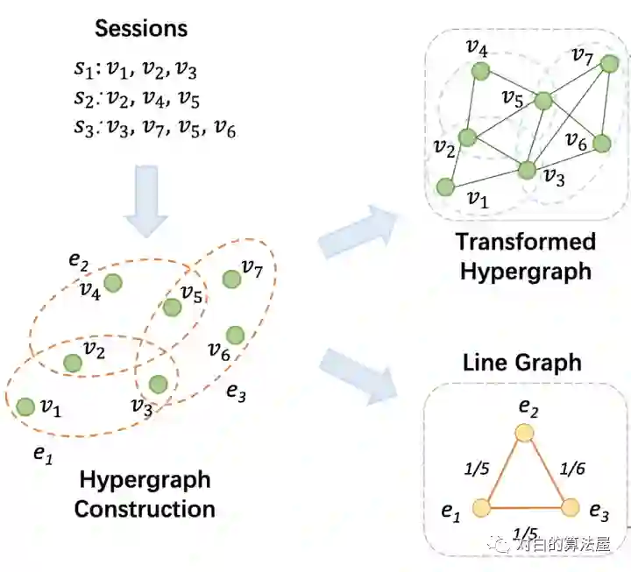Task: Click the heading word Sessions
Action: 141,27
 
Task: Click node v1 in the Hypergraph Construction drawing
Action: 25,406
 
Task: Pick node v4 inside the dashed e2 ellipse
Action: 112,282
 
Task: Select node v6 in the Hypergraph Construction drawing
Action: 234,335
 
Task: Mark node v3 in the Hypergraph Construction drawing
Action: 159,383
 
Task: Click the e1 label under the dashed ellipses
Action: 42,452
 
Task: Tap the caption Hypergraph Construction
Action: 145,494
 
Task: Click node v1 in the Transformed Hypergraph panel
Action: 446,187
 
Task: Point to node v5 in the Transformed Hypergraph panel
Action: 543,101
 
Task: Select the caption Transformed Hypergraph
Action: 526,256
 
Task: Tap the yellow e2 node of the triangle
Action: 524,432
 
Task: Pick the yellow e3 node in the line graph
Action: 571,507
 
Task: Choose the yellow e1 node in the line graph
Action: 480,507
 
